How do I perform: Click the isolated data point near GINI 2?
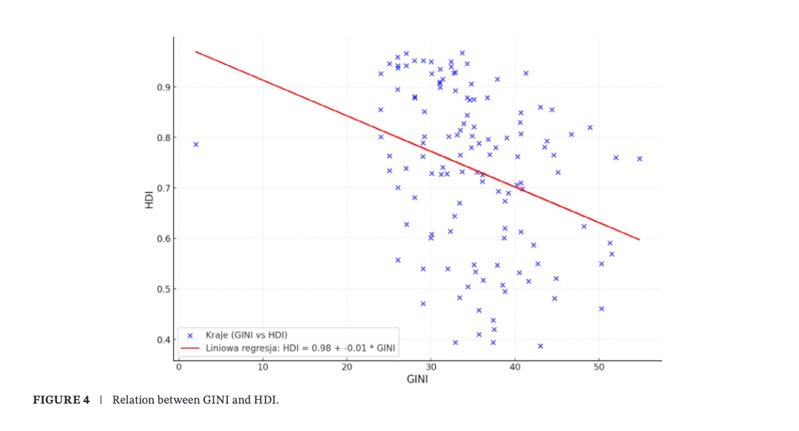[x=195, y=144]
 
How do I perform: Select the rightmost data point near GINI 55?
[x=639, y=158]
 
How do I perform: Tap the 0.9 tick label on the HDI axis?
[x=163, y=87]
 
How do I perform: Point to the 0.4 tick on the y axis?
[x=163, y=340]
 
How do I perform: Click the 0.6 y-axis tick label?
[x=163, y=238]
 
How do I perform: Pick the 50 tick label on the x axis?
[x=599, y=367]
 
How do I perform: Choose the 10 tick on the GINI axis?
[x=263, y=367]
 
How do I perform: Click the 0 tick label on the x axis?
[x=178, y=367]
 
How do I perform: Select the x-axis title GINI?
[x=417, y=380]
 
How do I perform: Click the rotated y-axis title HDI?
[x=149, y=200]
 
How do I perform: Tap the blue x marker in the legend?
[x=191, y=335]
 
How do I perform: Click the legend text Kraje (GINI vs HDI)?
[x=246, y=335]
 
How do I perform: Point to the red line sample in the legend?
[x=191, y=347]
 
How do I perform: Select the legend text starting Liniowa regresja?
[x=299, y=347]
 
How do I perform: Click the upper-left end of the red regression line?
[x=196, y=52]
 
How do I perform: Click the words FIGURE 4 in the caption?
[x=61, y=401]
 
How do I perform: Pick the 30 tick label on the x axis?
[x=431, y=367]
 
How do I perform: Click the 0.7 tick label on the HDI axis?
[x=163, y=188]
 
